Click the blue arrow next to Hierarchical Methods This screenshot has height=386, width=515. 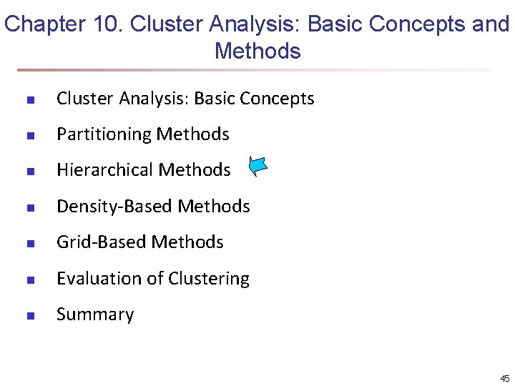258,167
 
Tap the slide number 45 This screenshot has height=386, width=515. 504,378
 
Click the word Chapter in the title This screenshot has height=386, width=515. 45,25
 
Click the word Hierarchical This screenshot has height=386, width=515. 104,170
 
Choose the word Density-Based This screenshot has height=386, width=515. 114,207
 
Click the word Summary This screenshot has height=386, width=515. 95,315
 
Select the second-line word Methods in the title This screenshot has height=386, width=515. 257,51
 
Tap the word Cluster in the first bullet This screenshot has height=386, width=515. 82,99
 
